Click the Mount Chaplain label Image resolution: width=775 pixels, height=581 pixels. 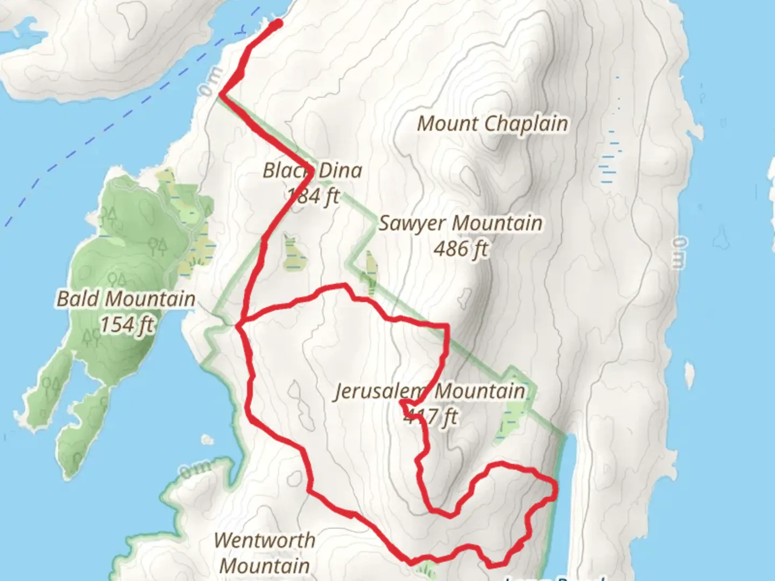coord(492,124)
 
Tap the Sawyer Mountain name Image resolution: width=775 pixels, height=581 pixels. coord(460,223)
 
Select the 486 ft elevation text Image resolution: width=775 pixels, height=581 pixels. coord(461,249)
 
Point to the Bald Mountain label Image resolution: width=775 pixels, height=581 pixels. coord(126,299)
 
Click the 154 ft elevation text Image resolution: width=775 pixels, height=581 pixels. coord(127,324)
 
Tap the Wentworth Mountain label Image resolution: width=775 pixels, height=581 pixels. coord(265,553)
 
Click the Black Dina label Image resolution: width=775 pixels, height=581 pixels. coord(312,171)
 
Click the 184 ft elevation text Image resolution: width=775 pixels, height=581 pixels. coord(313,196)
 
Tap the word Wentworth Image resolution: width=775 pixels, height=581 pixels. coord(265,541)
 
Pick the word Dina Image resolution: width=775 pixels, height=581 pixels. coord(339,171)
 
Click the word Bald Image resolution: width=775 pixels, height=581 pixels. coord(79,299)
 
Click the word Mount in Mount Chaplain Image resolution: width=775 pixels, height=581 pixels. coord(448,124)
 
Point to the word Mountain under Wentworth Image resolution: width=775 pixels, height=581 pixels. coord(265,566)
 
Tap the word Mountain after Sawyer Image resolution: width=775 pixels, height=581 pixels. coord(497,223)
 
